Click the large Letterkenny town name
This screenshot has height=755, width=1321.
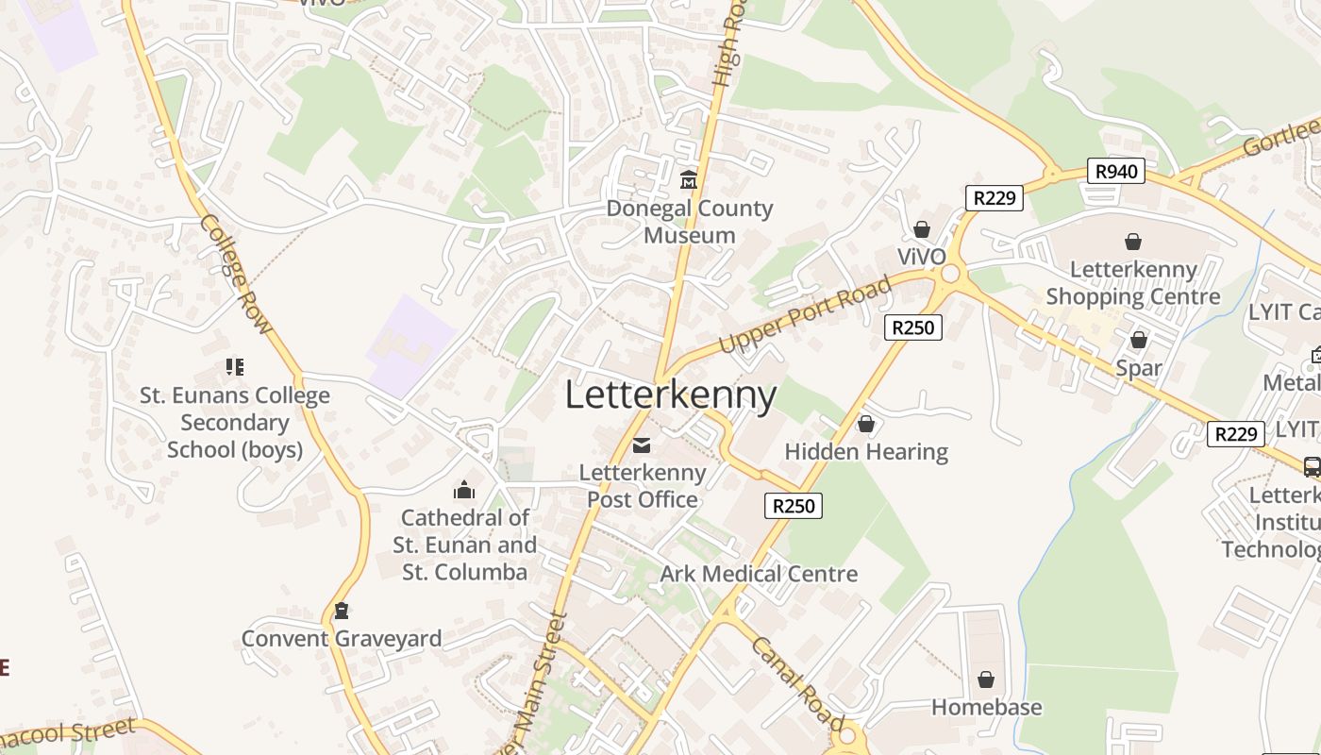point(671,395)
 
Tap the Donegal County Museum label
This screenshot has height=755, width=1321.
point(690,222)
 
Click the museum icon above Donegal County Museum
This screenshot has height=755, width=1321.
point(689,179)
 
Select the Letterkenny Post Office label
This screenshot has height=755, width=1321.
point(643,486)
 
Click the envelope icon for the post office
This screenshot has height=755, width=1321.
point(642,445)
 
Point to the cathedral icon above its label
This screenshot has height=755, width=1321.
point(463,490)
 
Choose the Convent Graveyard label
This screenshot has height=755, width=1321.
point(342,639)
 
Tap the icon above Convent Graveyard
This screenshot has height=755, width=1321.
point(342,611)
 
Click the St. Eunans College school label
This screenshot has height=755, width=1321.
point(235,422)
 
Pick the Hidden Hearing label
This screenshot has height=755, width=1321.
point(866,452)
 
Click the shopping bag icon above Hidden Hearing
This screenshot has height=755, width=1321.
point(866,425)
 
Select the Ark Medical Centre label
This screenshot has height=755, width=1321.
point(759,574)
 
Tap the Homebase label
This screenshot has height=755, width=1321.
point(986,707)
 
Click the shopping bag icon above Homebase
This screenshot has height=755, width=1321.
point(986,679)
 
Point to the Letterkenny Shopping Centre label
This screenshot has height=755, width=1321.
point(1133,283)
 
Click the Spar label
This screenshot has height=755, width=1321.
point(1139,367)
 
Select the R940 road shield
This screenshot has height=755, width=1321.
point(1115,171)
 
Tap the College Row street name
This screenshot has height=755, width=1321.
point(236,275)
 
